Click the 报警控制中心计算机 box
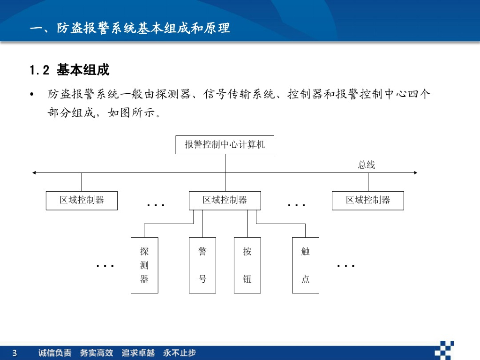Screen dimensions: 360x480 225,145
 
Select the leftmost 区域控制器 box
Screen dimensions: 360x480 82,201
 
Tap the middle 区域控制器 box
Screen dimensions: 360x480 225,201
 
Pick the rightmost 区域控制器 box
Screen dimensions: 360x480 368,201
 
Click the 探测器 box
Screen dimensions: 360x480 144,265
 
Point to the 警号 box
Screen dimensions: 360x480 202,265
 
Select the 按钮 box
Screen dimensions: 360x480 247,265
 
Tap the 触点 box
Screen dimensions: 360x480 305,265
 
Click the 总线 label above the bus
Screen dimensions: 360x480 367,165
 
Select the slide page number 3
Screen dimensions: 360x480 15,353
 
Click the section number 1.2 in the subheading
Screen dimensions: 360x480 39,70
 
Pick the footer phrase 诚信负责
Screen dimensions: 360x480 55,353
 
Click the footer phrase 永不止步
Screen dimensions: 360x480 180,353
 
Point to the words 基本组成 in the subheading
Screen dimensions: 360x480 83,70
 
